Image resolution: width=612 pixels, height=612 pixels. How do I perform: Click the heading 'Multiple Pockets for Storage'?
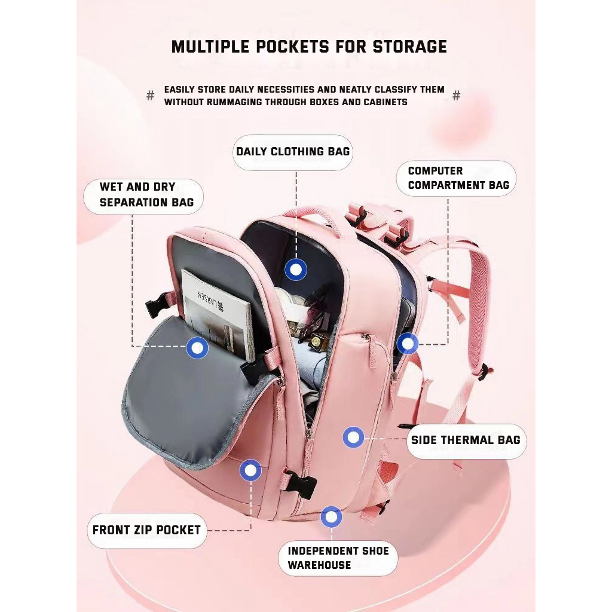tap(309, 47)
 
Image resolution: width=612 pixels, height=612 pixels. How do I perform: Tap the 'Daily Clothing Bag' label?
tap(293, 151)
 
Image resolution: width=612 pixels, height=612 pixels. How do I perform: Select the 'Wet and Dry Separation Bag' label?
tap(146, 195)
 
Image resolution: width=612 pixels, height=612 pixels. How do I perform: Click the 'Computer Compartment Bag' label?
tap(458, 178)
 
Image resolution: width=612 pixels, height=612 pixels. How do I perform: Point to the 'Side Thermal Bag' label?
tap(466, 440)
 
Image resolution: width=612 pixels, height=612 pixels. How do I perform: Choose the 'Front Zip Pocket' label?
tap(146, 530)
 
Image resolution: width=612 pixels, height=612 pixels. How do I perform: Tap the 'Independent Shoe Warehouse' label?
tap(338, 558)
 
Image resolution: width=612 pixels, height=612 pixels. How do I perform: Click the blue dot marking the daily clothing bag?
tap(295, 270)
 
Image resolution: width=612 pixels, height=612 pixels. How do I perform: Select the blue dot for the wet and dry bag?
tap(197, 347)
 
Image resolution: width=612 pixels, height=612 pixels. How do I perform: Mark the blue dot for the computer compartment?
tap(408, 344)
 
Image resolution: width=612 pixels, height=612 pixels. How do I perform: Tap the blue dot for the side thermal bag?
tap(353, 438)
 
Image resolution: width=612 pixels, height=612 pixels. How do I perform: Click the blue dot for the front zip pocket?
tap(250, 471)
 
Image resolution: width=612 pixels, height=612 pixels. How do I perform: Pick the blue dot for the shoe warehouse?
tap(331, 517)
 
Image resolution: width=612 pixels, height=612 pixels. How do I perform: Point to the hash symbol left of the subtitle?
tap(151, 96)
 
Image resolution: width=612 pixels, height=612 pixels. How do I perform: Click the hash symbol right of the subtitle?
tap(457, 96)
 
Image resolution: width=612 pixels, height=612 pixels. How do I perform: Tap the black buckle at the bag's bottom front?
tap(300, 483)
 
